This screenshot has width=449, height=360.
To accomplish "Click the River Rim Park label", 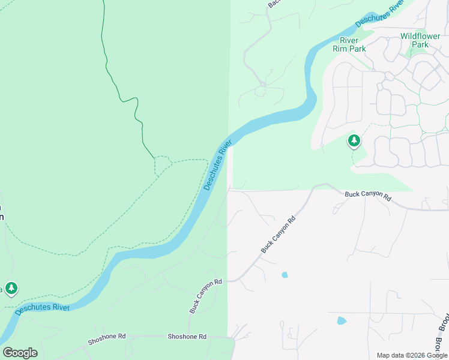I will click(x=349, y=44).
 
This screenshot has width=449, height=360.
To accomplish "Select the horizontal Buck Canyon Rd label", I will click(x=368, y=196).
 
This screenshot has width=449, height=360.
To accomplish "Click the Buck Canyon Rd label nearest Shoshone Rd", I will click(x=206, y=296).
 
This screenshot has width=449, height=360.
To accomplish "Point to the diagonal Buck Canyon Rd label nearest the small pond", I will click(x=279, y=235).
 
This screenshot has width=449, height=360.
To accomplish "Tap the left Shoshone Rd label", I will click(x=107, y=339).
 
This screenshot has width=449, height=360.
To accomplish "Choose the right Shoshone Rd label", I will click(x=187, y=337).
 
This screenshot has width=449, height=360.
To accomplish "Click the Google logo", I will click(x=20, y=353).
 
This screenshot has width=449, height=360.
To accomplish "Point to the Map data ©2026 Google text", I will click(x=412, y=355).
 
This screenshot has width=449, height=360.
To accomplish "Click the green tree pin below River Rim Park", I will click(x=354, y=141).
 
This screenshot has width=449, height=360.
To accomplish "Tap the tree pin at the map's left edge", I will click(x=11, y=289).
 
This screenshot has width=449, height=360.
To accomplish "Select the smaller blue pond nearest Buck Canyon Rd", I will click(x=285, y=275).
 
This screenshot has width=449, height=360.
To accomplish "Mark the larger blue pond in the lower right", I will click(x=342, y=320).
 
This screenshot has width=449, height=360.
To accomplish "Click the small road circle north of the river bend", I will click(x=263, y=85).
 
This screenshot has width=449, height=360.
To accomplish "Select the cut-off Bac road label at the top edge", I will click(x=274, y=4).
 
